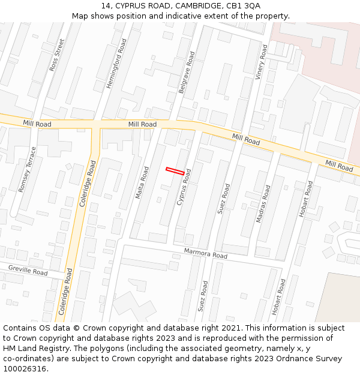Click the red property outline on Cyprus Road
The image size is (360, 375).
click(x=175, y=171)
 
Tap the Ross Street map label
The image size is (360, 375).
click(x=56, y=56)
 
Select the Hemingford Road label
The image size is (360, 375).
click(x=116, y=64)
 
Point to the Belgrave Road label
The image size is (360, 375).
click(x=187, y=72)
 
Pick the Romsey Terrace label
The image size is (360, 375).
click(x=28, y=169)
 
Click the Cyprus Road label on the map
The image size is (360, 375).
click(x=184, y=187)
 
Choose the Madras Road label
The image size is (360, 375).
click(x=263, y=204)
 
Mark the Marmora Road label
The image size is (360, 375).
click(x=206, y=253)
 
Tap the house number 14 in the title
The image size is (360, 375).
click(x=106, y=5)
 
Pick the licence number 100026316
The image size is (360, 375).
click(x=25, y=369)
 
